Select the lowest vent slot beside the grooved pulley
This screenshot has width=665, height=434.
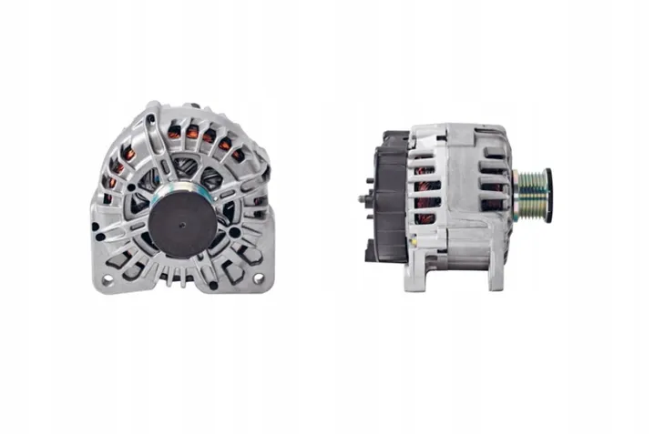point(493,228)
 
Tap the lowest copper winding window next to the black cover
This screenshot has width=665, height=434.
point(425,218)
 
